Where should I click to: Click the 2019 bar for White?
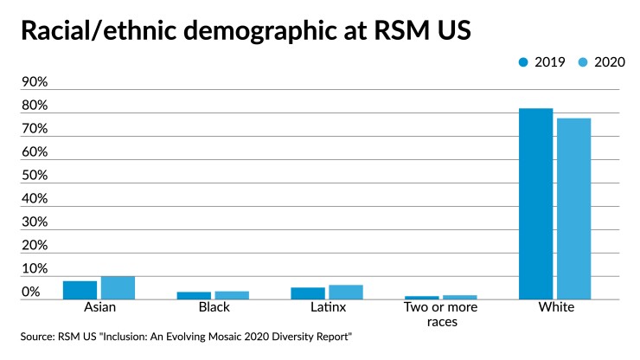point(535,204)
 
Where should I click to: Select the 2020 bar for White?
point(573,209)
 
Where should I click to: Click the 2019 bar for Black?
point(194,295)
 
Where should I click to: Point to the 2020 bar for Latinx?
point(346,292)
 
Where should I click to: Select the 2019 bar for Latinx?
point(308,293)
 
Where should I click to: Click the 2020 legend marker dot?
point(582,61)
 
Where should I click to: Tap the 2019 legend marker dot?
point(523,61)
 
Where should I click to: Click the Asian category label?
point(99,308)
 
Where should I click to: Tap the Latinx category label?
point(327,308)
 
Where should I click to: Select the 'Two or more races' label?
point(441,314)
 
